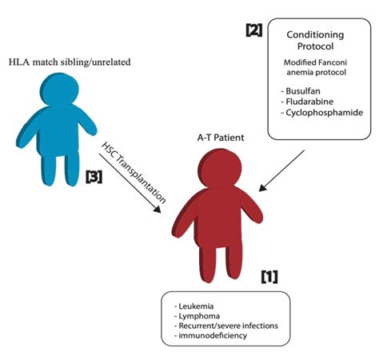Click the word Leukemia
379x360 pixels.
(197, 307)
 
